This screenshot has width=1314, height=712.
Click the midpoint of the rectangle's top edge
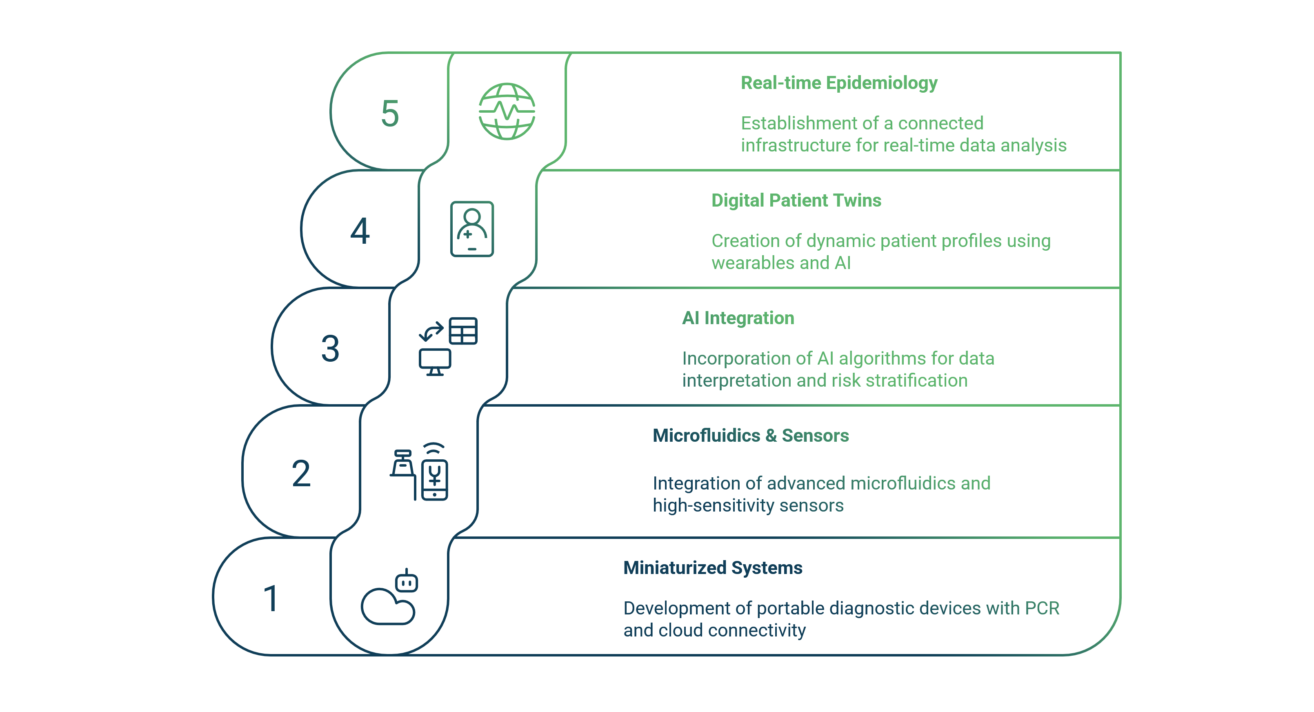(x=667, y=52)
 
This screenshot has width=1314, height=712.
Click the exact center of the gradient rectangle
(x=667, y=354)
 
